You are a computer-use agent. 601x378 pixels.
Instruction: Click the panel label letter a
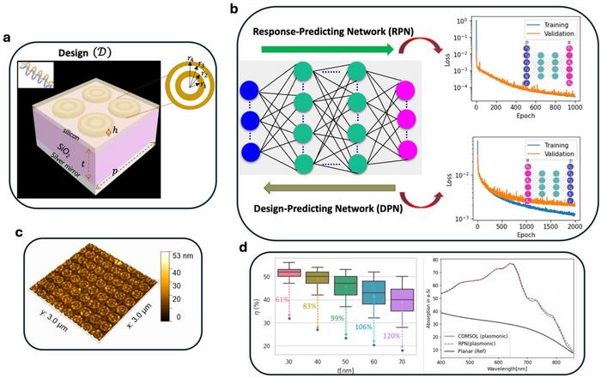click(x=8, y=39)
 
